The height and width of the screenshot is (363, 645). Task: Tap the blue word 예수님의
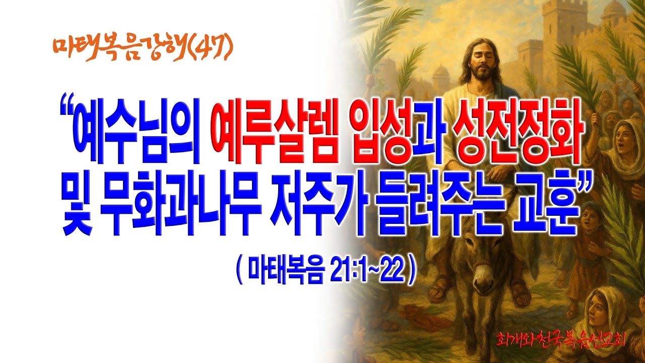click(x=137, y=136)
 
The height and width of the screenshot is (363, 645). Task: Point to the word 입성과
click(x=397, y=136)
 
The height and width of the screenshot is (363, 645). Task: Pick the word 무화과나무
click(x=181, y=207)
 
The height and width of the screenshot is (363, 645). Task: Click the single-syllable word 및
click(x=77, y=207)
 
